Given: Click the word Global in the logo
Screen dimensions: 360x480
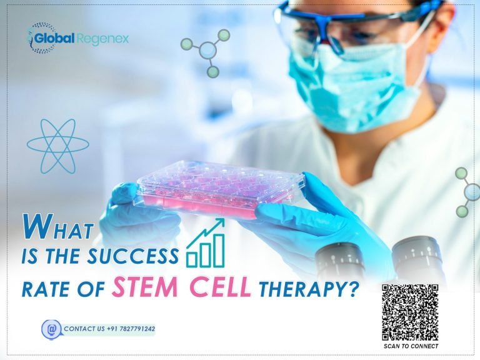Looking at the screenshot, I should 54,39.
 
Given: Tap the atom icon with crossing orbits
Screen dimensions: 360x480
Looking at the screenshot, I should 58,146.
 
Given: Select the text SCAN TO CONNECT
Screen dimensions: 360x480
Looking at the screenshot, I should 411,346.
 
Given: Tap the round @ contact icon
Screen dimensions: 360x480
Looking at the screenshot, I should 51,329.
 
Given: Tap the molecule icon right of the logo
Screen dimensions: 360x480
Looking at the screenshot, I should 207,51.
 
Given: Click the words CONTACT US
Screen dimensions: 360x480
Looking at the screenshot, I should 85,329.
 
